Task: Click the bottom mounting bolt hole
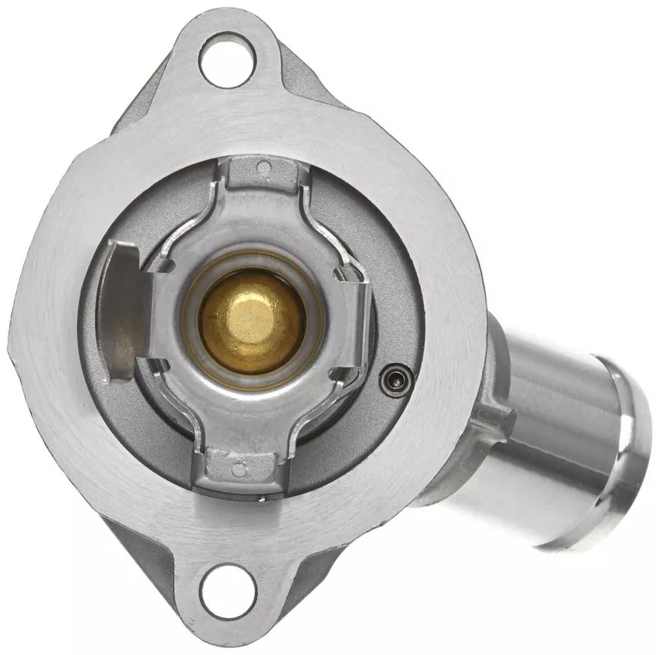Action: tap(228, 590)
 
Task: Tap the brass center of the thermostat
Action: tap(252, 320)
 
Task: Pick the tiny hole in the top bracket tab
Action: tap(263, 166)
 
